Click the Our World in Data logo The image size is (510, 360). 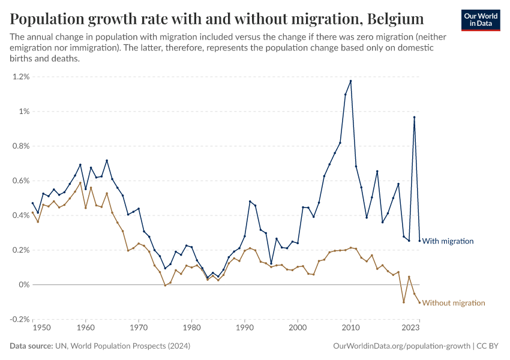(480, 20)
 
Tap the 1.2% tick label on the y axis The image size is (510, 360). (19, 77)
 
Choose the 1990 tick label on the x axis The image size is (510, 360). (245, 328)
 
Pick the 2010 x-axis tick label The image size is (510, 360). (350, 328)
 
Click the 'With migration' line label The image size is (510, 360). (448, 241)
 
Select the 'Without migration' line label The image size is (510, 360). (454, 303)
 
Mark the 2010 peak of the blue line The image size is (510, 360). (350, 81)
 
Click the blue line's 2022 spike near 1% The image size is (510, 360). (414, 117)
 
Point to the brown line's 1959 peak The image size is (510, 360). (80, 183)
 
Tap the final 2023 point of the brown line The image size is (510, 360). (419, 302)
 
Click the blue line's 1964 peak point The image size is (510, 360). (107, 160)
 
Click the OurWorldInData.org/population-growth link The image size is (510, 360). (401, 346)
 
